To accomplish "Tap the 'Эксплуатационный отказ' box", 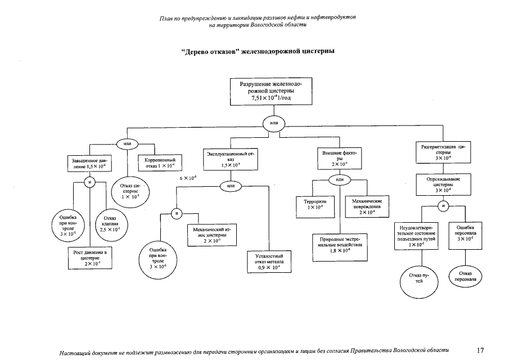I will click(230, 159).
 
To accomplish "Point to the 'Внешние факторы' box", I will click(339, 158).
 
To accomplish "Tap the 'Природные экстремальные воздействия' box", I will click(340, 245).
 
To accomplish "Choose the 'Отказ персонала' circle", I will click(465, 276).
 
